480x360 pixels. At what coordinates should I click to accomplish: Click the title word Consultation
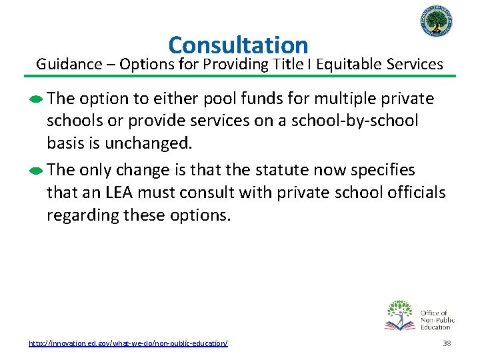[x=238, y=45]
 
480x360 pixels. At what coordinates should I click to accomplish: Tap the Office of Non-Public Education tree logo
[x=401, y=315]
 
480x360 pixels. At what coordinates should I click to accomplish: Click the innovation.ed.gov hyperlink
[x=128, y=343]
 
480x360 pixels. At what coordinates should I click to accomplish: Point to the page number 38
[x=447, y=343]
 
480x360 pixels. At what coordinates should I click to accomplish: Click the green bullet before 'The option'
[x=37, y=99]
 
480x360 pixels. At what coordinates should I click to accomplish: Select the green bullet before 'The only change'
[x=37, y=171]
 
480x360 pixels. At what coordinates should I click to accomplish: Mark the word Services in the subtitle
[x=414, y=64]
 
